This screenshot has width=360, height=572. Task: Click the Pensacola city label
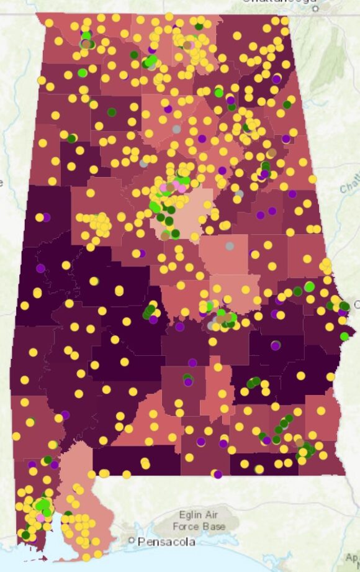(x=163, y=542)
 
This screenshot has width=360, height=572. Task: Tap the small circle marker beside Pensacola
(x=132, y=541)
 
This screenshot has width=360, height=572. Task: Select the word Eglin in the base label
(x=170, y=514)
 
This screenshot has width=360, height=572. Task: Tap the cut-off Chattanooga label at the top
(x=282, y=2)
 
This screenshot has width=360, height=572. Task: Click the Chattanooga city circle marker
(x=315, y=9)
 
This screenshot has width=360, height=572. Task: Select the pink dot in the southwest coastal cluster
(x=41, y=517)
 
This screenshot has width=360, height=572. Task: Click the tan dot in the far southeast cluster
(x=300, y=442)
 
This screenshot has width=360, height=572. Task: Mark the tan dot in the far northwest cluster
(x=85, y=43)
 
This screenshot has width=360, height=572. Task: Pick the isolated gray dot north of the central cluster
(x=176, y=129)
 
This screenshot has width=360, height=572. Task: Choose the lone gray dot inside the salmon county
(x=230, y=246)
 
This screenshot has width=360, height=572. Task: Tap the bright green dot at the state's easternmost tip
(x=344, y=336)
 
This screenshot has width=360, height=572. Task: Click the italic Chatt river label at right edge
(x=349, y=185)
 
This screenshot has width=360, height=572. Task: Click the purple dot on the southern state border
(x=217, y=474)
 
